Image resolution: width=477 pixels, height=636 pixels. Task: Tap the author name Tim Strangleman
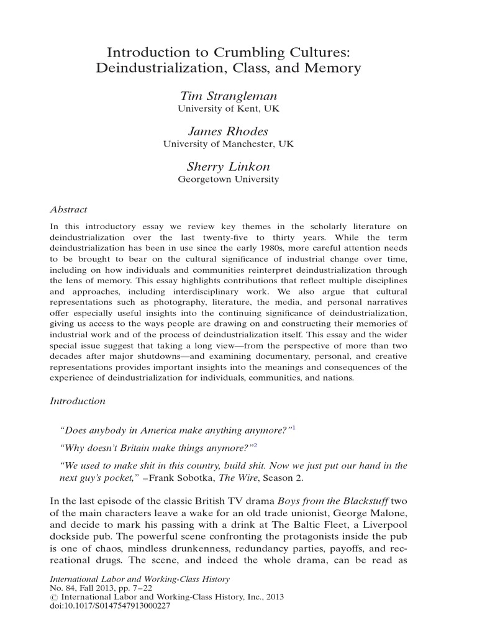[x=228, y=96]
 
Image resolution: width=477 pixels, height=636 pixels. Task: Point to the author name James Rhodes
[x=228, y=131]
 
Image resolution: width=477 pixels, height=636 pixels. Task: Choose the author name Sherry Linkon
[x=228, y=166]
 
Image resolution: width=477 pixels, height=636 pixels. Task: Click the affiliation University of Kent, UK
[x=228, y=109]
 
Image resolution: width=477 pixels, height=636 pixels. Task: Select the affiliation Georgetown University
[x=228, y=179]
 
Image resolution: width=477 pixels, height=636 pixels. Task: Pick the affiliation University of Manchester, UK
[x=228, y=144]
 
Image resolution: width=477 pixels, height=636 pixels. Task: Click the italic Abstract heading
[x=68, y=209]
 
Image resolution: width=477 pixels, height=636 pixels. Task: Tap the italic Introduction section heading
[x=77, y=401]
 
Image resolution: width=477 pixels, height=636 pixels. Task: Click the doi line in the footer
[x=109, y=606]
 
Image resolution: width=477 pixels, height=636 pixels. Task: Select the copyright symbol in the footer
[x=53, y=597]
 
